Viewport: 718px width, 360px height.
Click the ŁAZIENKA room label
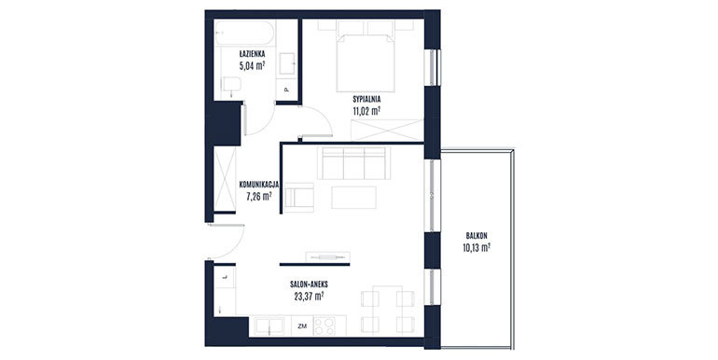[252, 54]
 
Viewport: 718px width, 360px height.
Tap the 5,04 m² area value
[252, 65]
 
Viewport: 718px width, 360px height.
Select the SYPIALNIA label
[366, 99]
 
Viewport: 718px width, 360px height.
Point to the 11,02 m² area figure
[366, 110]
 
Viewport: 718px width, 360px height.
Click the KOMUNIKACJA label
[259, 185]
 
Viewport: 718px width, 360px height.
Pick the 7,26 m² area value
[259, 197]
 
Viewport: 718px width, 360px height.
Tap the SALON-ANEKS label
[309, 284]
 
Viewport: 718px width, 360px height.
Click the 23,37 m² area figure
[309, 296]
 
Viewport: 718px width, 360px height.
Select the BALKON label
[476, 236]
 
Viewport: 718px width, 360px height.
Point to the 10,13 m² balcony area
[476, 248]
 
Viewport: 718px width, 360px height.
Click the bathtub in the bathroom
[244, 33]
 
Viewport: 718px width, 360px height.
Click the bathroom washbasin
[287, 63]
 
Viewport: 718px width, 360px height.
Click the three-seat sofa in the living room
[354, 163]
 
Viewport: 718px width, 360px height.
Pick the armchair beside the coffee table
[298, 198]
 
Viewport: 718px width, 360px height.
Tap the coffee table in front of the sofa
[354, 198]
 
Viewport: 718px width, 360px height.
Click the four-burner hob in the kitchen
[324, 326]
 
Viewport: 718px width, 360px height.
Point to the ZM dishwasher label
[302, 326]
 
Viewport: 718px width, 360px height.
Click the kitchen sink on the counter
[270, 326]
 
